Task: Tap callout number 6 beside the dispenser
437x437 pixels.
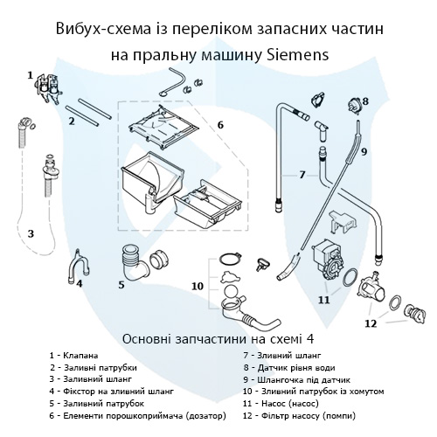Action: click(220, 125)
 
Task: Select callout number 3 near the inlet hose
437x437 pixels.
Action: click(31, 233)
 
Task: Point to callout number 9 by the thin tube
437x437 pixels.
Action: click(364, 150)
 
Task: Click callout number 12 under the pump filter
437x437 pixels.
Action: click(371, 323)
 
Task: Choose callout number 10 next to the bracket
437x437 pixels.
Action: click(198, 286)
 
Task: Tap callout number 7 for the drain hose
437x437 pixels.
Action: click(302, 175)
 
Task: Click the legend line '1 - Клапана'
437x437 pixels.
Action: click(80, 356)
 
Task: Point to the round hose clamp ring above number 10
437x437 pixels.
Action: click(226, 260)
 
